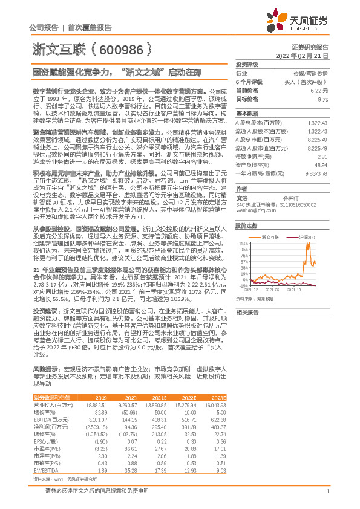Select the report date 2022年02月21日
click(x=306, y=55)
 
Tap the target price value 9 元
click(x=323, y=98)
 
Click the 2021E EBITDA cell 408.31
click(x=174, y=418)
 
